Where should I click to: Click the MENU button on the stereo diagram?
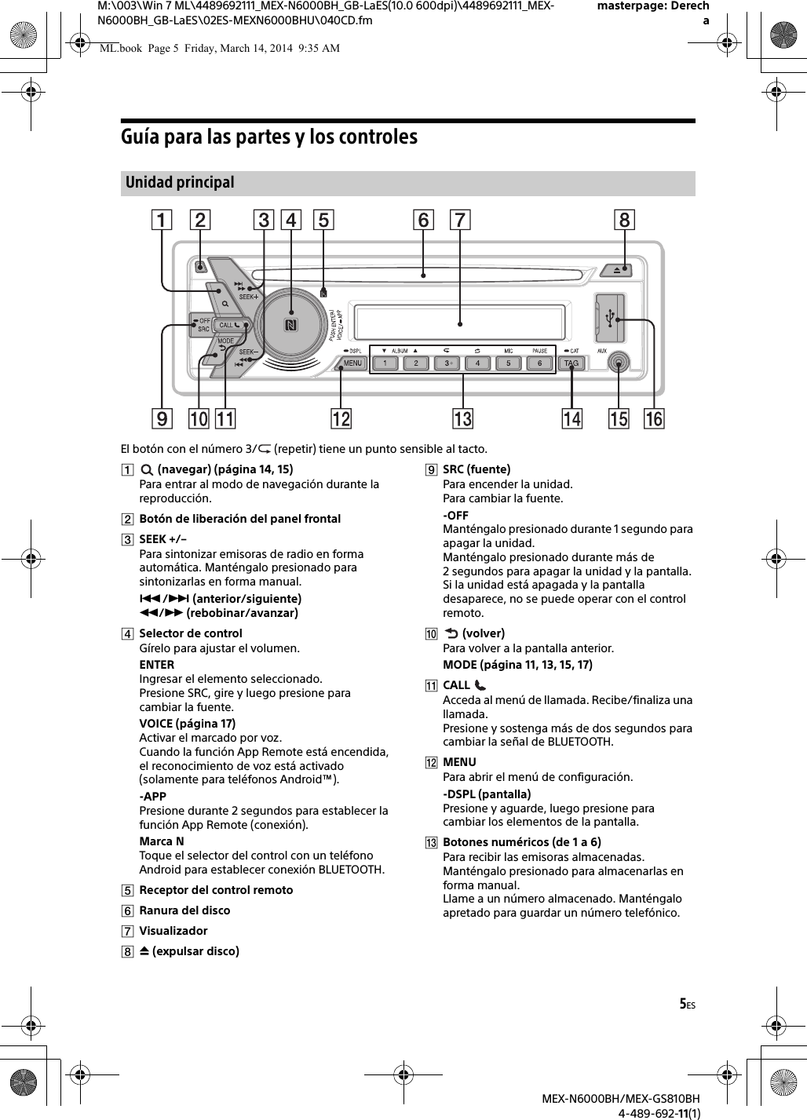tap(352, 363)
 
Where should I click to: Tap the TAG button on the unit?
tap(571, 363)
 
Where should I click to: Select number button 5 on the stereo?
tap(509, 363)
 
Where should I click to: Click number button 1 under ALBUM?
tap(385, 363)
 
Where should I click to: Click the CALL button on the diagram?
tap(229, 325)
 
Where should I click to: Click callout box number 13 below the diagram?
tap(462, 419)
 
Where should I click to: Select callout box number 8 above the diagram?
tap(624, 221)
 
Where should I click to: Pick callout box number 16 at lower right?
tap(654, 419)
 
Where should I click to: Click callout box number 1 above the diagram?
tap(162, 221)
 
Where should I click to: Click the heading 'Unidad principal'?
tap(180, 182)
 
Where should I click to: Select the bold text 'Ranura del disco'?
tap(184, 910)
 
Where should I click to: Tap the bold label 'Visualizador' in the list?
tap(173, 931)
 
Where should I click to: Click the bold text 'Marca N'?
tap(162, 841)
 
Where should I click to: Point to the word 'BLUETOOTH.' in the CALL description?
tap(581, 742)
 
